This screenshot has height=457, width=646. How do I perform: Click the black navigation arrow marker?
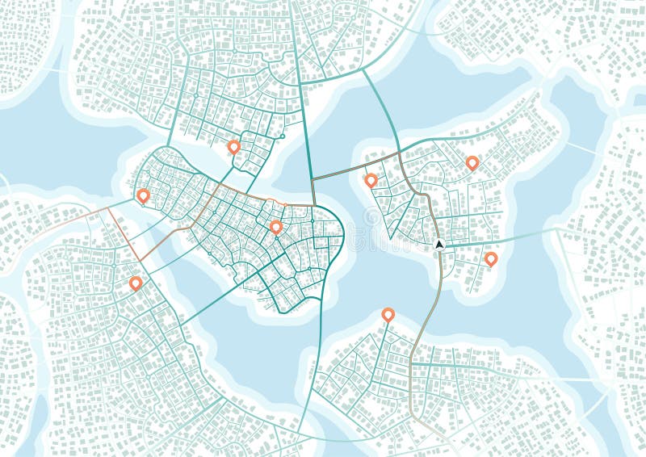pos(439,244)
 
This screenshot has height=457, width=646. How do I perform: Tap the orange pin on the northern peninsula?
pos(233,146)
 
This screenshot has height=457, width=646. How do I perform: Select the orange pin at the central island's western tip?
pos(143,195)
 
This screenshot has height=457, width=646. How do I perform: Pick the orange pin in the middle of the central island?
pos(275,227)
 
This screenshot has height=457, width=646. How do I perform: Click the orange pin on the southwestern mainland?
pos(136,283)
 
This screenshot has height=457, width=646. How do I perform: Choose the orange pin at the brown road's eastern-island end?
pos(371,180)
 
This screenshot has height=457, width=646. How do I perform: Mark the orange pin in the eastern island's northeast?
pos(472,162)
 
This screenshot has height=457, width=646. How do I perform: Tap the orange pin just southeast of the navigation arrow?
pos(490,258)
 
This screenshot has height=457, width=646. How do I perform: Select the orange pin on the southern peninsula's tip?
pos(388,314)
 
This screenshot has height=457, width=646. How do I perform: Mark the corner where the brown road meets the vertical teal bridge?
pos(313,179)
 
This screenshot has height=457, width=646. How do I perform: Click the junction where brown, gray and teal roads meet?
pos(400,153)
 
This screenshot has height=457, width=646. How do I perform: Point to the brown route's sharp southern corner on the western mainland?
pos(140,261)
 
